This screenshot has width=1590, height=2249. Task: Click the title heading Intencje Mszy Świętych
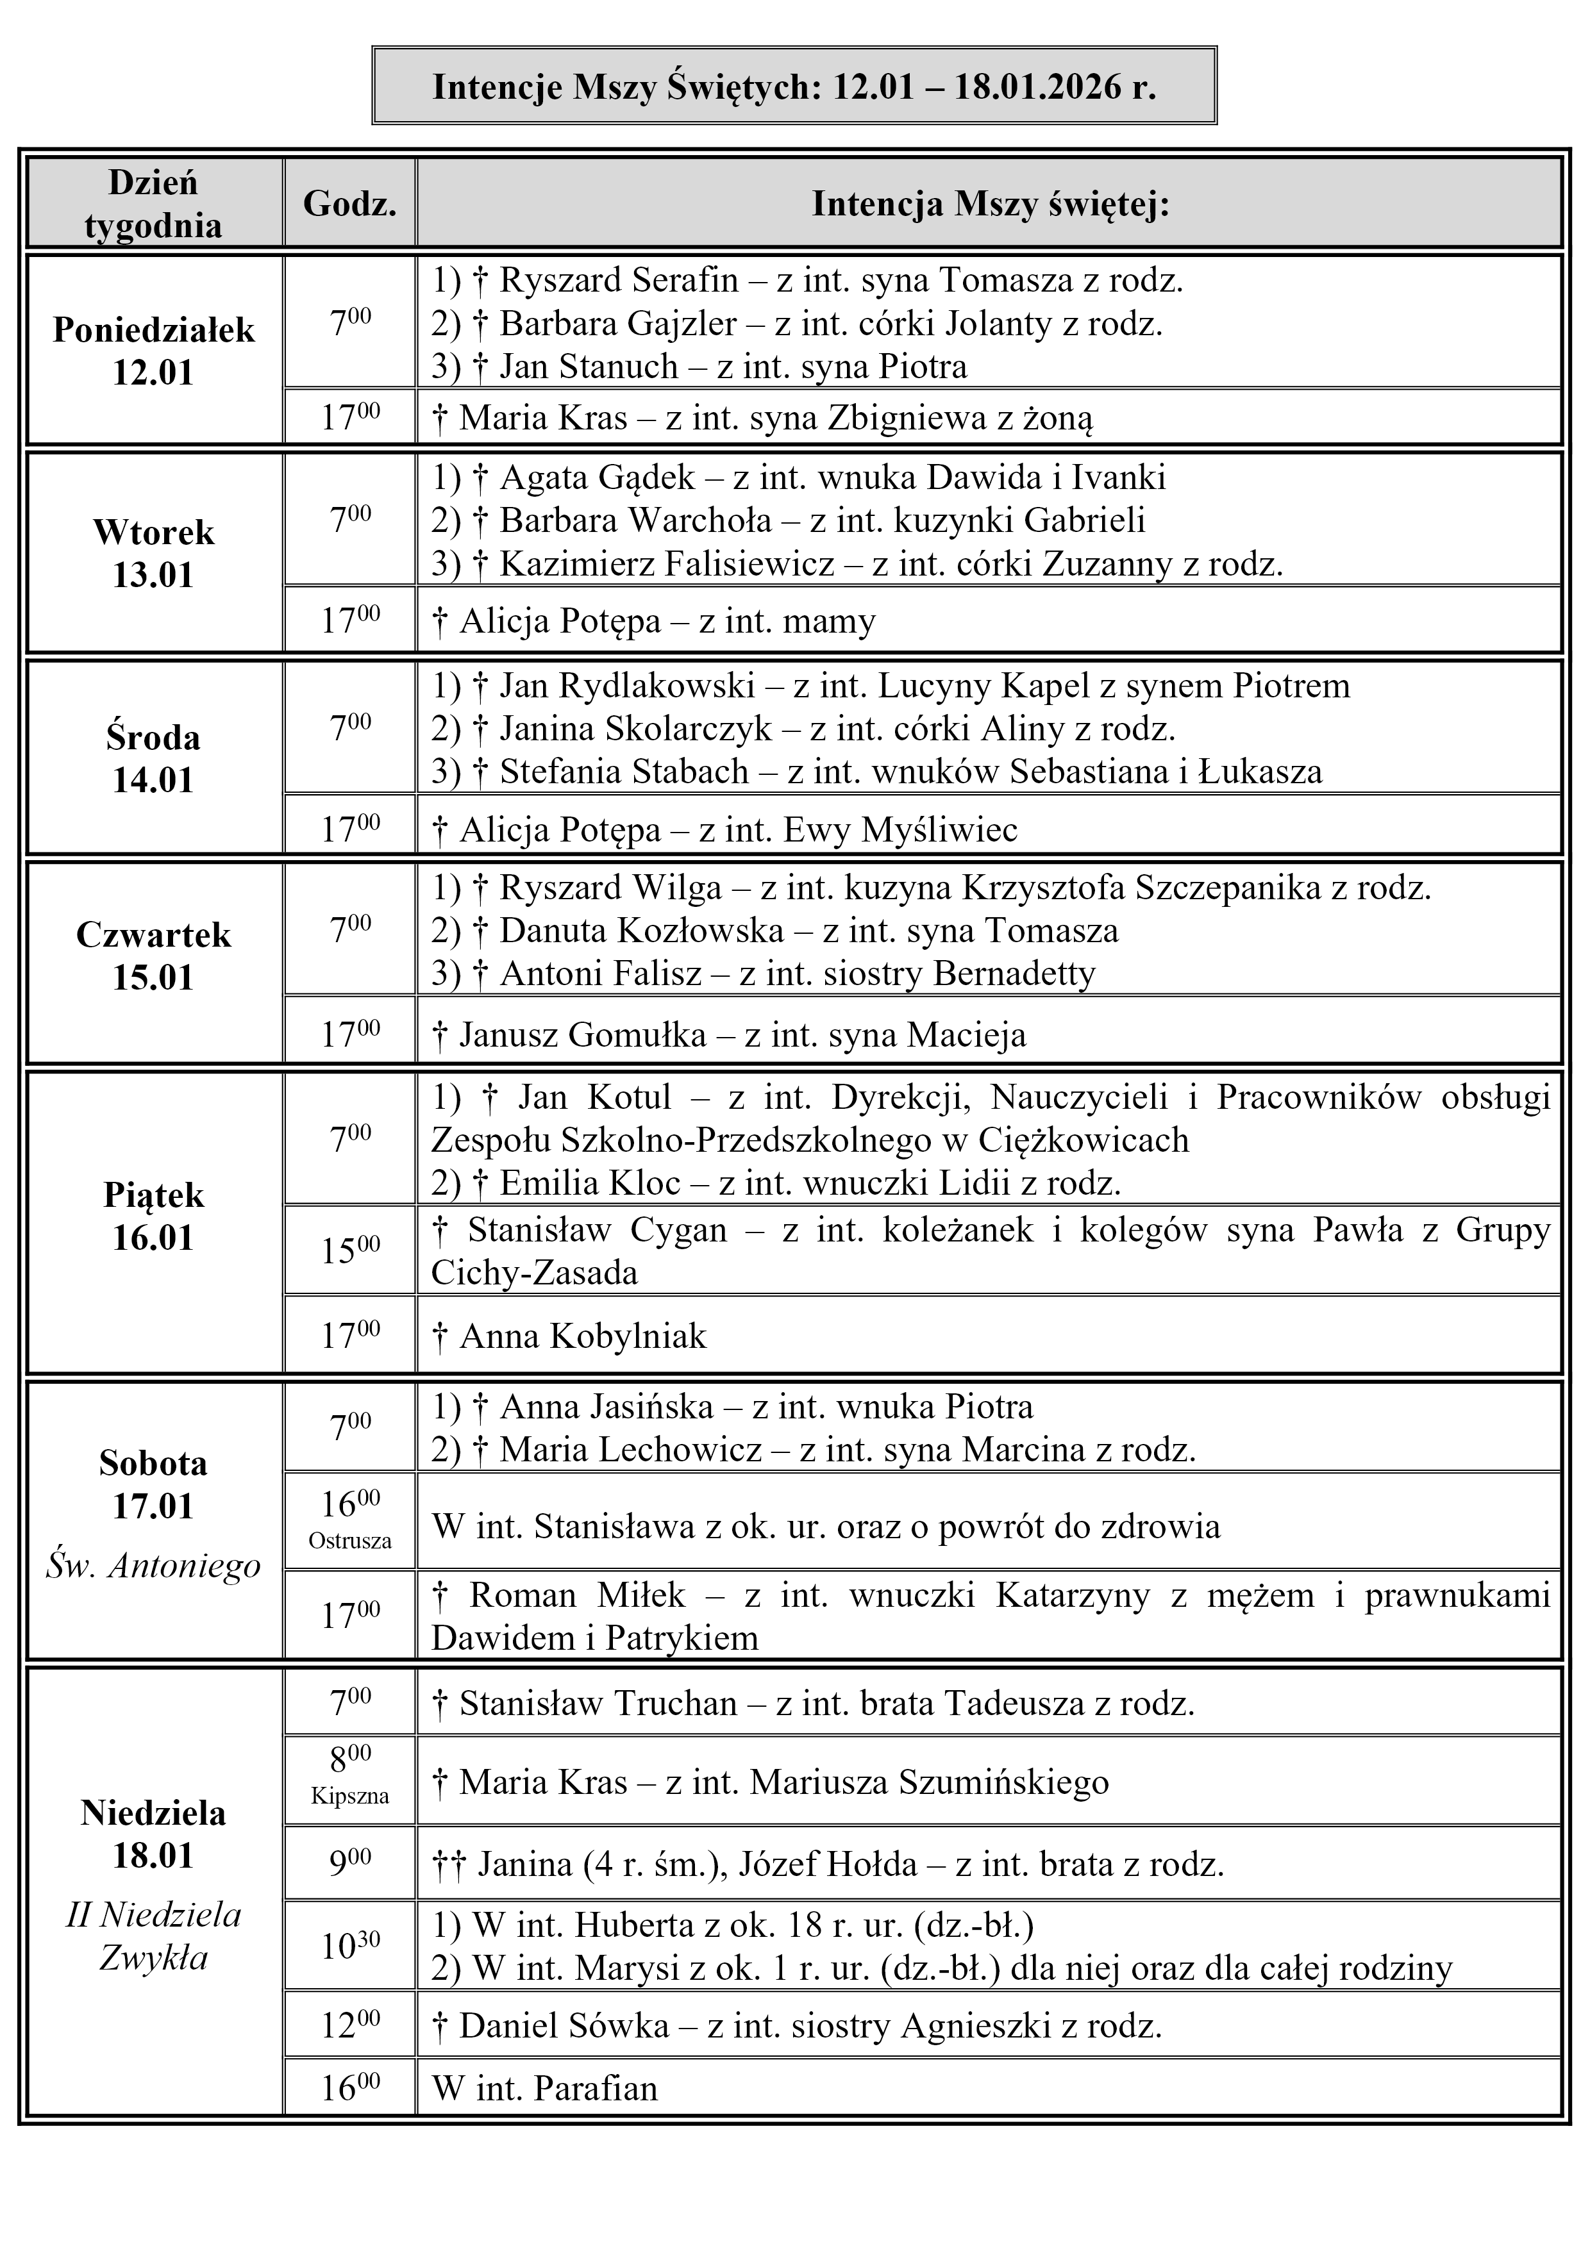coord(794,87)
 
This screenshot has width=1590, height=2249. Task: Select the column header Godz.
coord(350,204)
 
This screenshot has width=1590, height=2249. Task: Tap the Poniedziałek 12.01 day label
coord(154,351)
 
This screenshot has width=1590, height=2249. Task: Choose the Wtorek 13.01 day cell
coord(154,552)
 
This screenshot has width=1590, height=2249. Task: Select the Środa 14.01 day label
coord(154,758)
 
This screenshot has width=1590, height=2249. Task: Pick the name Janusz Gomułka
coord(582,1035)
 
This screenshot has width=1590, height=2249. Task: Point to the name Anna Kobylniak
coord(583,1336)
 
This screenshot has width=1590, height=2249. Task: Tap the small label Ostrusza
coord(350,1541)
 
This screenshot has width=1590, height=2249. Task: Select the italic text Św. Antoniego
coord(154,1565)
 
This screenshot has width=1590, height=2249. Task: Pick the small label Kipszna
coord(350,1795)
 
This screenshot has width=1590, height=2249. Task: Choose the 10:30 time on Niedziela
coord(350,1945)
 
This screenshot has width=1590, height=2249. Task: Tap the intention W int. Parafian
coord(545,2088)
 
